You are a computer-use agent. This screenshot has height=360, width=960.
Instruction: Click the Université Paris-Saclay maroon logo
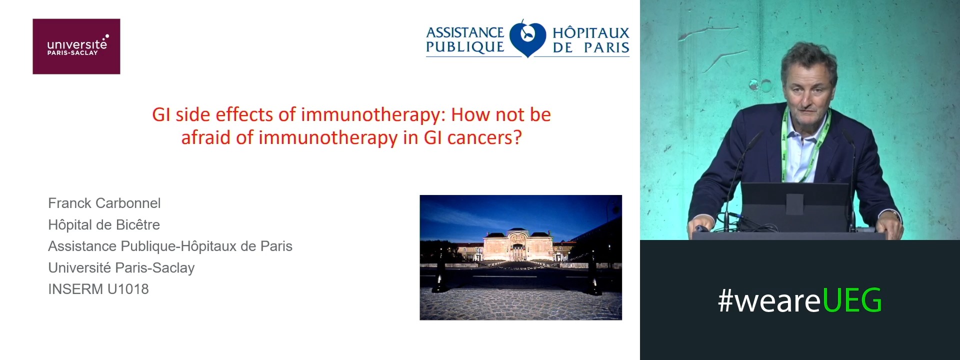click(76, 46)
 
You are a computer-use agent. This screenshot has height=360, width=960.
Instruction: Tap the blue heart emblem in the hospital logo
click(527, 39)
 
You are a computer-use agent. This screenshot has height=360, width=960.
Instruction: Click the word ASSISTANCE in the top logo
click(465, 32)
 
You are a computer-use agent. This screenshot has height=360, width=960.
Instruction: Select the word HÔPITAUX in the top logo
click(590, 33)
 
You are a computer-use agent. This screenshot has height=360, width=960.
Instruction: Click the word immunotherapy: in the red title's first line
click(373, 114)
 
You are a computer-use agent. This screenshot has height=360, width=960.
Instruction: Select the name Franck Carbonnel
click(104, 203)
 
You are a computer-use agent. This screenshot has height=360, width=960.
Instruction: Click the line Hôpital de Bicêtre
click(104, 224)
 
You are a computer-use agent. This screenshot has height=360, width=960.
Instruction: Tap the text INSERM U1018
click(98, 289)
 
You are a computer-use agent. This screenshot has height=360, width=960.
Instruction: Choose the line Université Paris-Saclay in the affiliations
click(121, 267)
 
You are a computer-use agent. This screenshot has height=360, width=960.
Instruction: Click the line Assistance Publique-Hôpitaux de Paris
click(170, 246)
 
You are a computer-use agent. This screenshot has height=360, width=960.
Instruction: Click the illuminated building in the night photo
click(520, 245)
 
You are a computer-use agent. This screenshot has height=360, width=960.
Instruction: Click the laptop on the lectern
click(795, 205)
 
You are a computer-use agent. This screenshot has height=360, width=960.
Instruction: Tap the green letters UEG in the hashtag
click(852, 300)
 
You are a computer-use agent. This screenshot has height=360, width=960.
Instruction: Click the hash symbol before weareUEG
click(725, 301)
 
